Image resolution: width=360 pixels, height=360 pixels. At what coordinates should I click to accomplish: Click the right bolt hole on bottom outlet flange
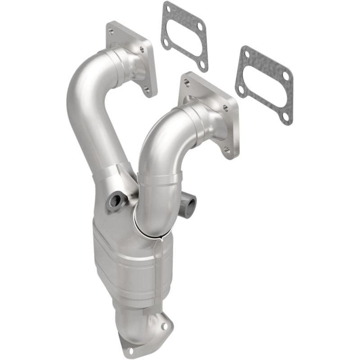coord(165,325)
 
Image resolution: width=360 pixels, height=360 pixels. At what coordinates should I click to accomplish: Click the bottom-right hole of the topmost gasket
coord(202,66)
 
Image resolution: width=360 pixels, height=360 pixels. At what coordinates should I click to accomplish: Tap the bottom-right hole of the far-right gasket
coord(284,117)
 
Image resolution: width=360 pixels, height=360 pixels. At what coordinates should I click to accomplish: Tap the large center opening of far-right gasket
coord(263,85)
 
